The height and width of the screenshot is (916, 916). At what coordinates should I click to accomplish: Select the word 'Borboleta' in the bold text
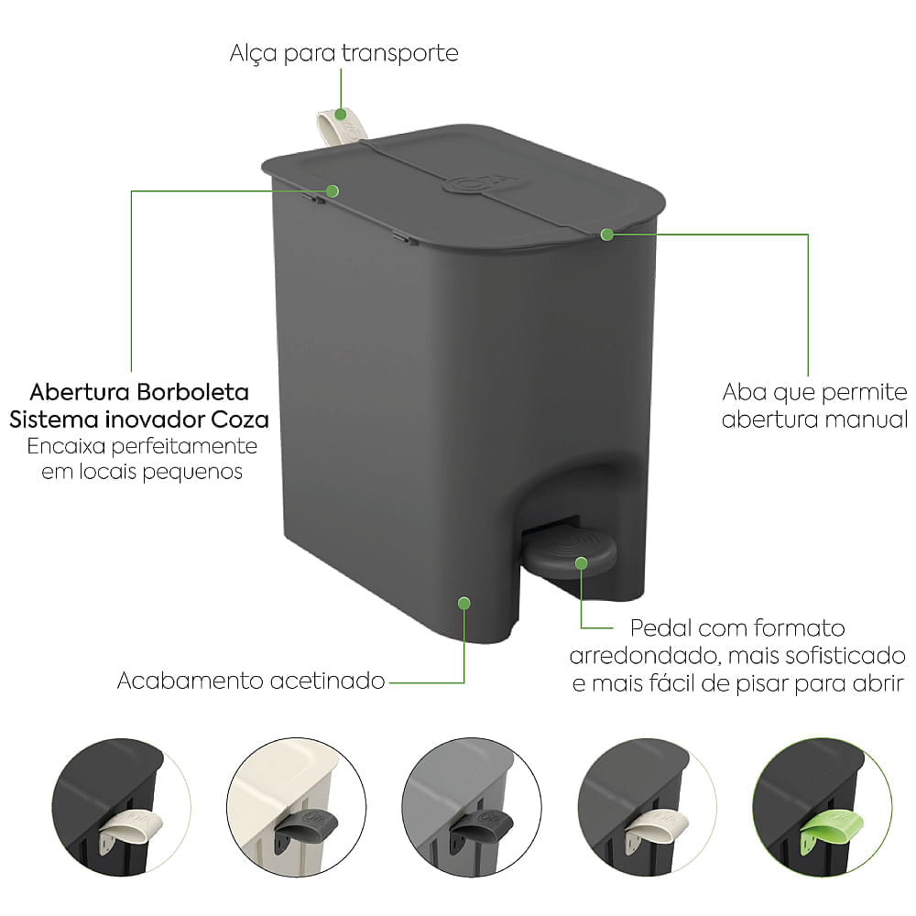(192, 392)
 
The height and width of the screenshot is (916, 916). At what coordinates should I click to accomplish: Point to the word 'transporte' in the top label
(399, 53)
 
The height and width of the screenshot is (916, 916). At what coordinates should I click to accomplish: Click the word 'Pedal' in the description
(660, 629)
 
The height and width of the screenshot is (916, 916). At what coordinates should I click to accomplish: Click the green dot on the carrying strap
(341, 114)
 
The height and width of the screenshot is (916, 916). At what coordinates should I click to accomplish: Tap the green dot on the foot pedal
(581, 562)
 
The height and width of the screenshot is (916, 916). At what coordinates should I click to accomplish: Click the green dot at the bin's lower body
(464, 603)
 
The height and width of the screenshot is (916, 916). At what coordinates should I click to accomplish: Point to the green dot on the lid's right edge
(606, 234)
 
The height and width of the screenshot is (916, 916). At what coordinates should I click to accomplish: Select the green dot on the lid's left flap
(333, 191)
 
